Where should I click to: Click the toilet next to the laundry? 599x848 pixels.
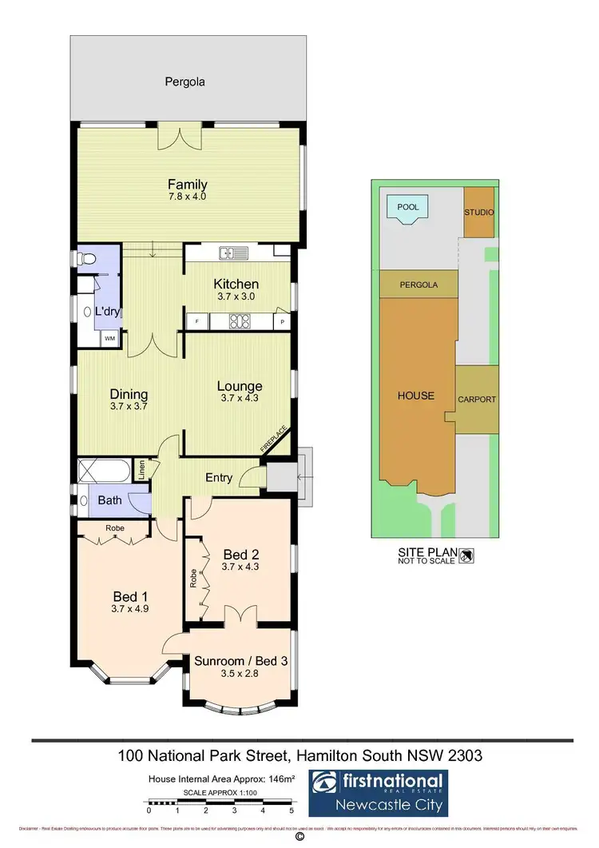(85, 258)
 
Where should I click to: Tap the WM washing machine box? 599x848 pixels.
(108, 339)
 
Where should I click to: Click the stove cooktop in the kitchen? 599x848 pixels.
(238, 321)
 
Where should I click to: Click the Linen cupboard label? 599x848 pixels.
(141, 469)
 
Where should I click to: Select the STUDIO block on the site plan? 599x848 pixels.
(479, 213)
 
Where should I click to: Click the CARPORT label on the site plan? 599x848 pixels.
(477, 400)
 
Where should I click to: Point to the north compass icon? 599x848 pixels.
(467, 553)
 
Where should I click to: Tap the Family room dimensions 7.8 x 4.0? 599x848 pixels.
(188, 196)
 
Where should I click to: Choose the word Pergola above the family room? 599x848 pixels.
(185, 82)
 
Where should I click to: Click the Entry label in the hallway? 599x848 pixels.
(220, 478)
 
